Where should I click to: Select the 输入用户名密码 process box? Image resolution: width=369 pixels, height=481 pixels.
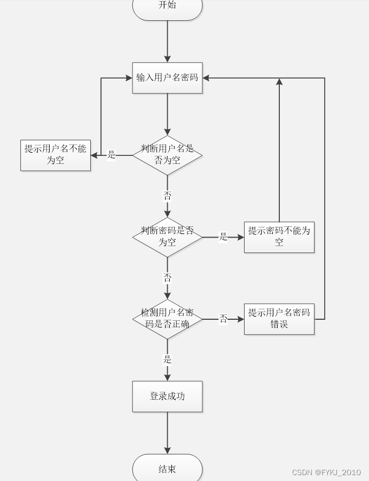pos(167,78)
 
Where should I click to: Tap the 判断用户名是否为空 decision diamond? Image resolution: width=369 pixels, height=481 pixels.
pos(167,155)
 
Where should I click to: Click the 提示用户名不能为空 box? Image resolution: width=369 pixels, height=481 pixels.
pos(56,155)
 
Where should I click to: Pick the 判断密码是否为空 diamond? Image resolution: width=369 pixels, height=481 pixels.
pos(167,237)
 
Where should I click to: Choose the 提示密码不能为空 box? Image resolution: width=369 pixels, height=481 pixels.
pos(279,237)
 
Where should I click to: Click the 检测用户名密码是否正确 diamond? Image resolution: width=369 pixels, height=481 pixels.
pos(167,319)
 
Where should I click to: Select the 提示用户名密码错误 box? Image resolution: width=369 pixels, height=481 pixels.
pos(279,319)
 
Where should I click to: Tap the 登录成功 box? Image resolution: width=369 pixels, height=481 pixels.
pos(167,396)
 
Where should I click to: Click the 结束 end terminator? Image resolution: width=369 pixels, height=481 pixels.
pos(167,469)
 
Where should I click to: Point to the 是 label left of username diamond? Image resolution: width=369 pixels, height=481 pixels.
pos(112,155)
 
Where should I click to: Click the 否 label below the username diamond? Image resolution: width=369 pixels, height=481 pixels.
pos(167,196)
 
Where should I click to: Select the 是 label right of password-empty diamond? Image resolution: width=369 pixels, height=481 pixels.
pos(223,236)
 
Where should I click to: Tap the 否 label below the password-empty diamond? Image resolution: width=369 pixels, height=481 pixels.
pos(167,278)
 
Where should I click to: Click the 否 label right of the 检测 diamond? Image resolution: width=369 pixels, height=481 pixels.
pos(223,319)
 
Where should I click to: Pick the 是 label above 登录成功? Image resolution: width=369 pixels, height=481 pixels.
pos(167,359)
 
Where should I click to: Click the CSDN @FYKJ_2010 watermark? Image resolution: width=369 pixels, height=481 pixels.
pos(326,472)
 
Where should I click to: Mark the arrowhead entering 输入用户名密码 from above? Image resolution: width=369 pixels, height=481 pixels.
pos(167,59)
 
